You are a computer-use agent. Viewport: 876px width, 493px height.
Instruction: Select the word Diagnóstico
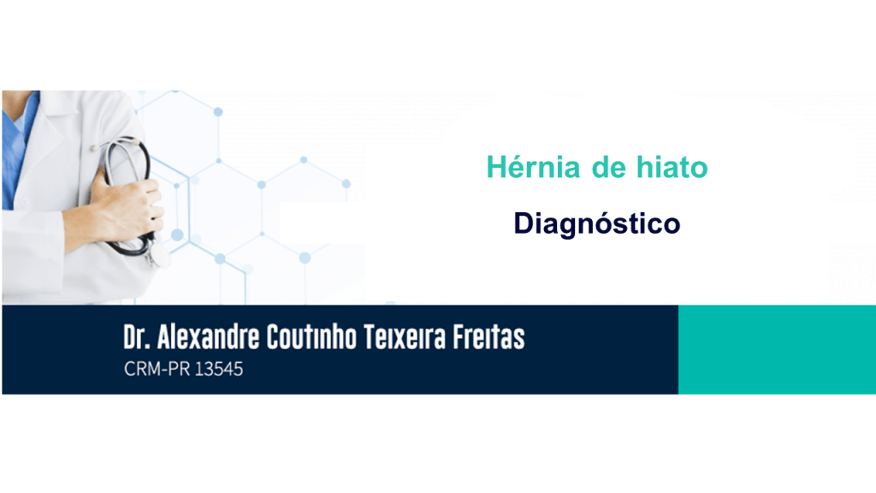coord(596,224)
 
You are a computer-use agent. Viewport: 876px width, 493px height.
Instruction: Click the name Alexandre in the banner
coord(208,337)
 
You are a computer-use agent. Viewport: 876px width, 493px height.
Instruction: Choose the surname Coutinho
coord(311,337)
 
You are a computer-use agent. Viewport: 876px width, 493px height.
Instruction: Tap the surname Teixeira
coord(405,337)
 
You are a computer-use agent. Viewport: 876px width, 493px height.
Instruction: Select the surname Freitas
coord(488,337)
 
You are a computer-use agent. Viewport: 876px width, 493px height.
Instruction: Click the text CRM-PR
coord(157,369)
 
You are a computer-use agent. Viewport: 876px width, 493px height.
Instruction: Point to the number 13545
coord(219,369)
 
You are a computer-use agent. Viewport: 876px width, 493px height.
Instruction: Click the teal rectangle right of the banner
coord(777,349)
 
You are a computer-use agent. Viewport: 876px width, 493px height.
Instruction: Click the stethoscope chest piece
coord(160,256)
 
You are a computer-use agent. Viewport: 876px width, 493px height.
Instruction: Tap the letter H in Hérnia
coord(497,167)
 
